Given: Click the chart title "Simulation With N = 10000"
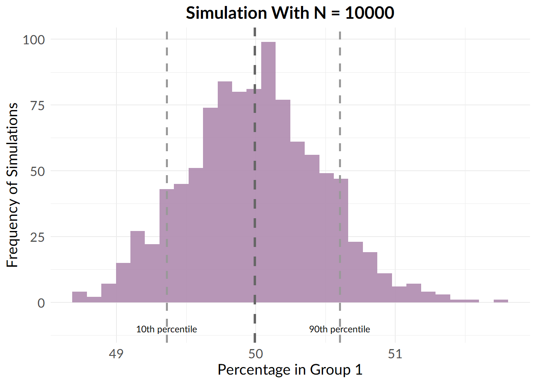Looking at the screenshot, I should [290, 13].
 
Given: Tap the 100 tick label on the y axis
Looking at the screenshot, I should [34, 39].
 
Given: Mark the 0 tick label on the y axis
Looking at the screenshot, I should [41, 303].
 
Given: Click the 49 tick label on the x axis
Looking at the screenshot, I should [116, 354].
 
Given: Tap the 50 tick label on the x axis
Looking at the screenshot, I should [256, 354].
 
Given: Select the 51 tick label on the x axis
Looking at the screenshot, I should [395, 354].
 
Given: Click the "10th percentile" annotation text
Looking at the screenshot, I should [166, 329].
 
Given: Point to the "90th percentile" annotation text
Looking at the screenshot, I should [339, 329].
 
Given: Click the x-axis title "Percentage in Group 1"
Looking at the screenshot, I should [290, 370].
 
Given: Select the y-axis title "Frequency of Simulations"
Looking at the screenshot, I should [13, 185].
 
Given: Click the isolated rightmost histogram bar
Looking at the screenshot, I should [501, 301].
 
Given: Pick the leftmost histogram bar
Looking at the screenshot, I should [79, 297].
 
